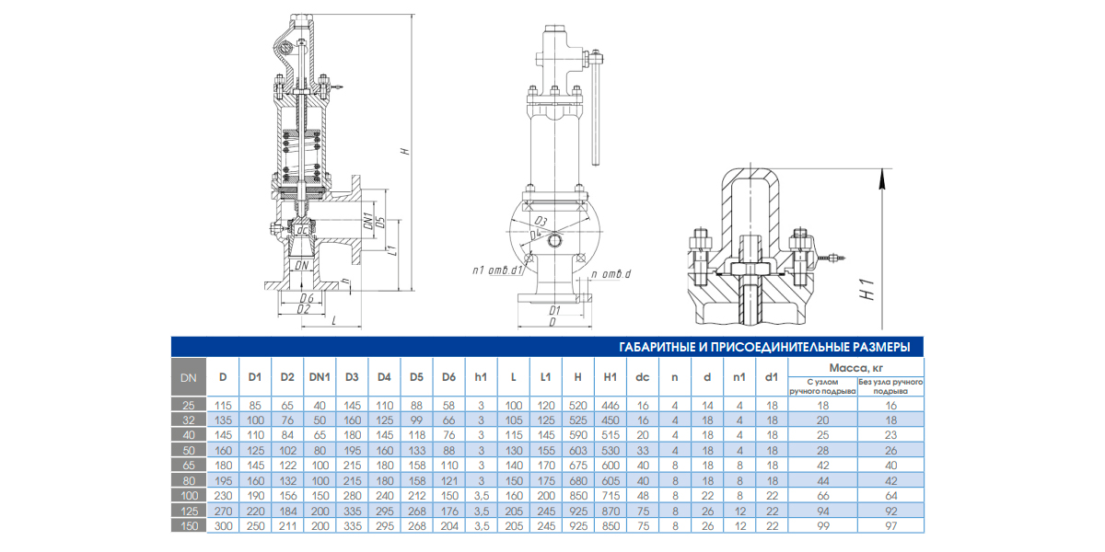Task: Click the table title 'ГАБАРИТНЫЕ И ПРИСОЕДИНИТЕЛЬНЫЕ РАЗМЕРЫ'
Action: tap(765, 347)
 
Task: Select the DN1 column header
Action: tap(320, 376)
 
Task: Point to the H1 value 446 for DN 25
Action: tap(610, 405)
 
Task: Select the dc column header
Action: tap(642, 376)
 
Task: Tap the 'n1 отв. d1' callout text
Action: tap(497, 270)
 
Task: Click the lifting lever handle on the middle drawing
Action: tap(596, 110)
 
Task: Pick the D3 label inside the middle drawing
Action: tap(541, 223)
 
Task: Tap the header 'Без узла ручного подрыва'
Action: tap(890, 385)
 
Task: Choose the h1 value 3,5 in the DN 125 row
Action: tap(481, 512)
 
